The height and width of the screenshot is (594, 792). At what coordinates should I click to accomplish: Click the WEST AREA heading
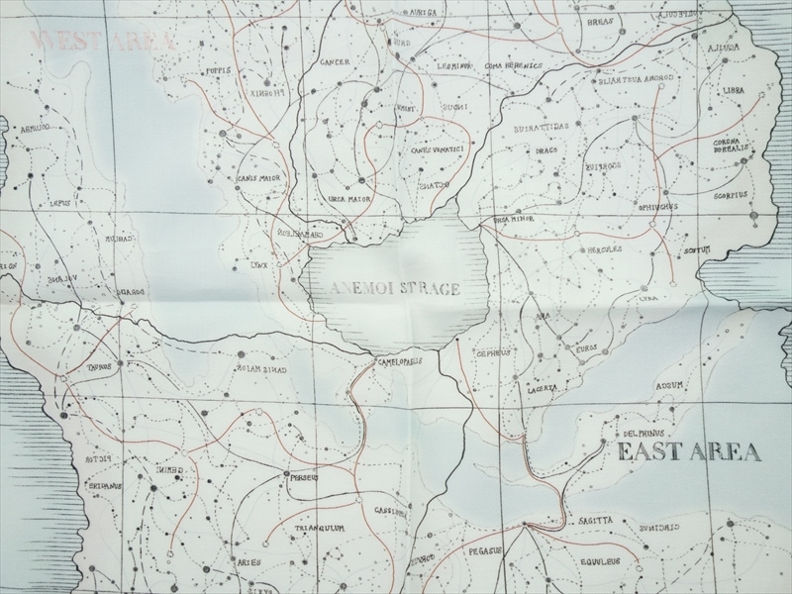102,42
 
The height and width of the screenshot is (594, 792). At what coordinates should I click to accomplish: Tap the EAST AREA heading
689,453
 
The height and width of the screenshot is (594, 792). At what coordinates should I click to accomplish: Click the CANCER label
336,61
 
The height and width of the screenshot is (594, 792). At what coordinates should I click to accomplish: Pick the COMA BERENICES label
514,65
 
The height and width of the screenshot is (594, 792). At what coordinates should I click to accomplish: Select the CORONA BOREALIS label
733,146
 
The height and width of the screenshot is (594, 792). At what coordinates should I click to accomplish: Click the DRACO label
546,149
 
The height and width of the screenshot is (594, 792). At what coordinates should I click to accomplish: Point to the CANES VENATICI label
437,149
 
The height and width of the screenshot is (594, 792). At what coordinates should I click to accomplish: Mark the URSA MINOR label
514,220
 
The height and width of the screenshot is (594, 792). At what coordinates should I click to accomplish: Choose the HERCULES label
604,249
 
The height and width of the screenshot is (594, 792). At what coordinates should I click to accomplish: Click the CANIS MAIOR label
256,179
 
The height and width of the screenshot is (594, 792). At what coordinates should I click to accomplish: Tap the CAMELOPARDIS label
400,361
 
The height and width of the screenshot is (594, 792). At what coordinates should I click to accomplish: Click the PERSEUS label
303,477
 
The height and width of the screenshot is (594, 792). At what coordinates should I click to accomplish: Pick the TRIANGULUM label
319,529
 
